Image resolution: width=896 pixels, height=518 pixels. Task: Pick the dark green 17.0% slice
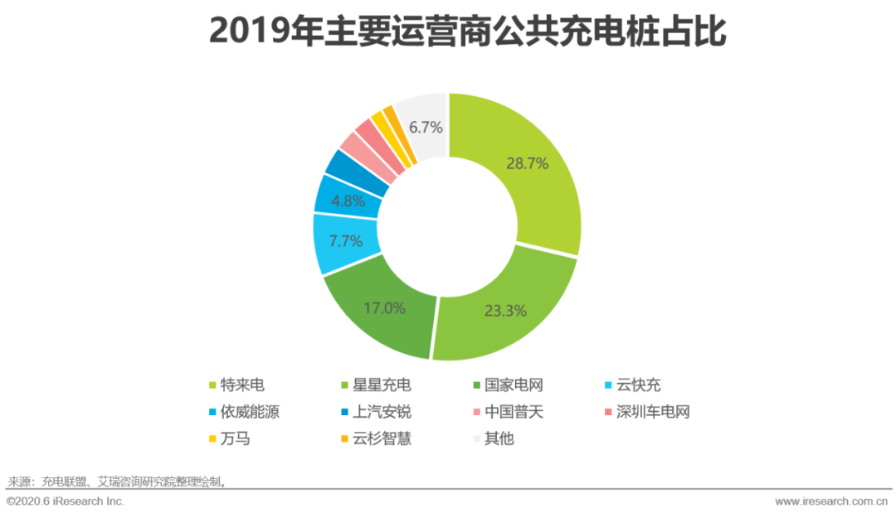pos(384,307)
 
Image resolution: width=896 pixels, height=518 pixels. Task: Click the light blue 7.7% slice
pos(347,243)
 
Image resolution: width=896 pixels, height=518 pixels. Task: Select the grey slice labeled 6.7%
pos(426,127)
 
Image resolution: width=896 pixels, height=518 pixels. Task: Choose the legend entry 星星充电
pos(381,385)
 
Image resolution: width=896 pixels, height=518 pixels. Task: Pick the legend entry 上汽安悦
pos(381,412)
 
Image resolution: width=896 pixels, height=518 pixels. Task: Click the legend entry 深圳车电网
pos(652,412)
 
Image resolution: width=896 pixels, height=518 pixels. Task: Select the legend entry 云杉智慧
pos(381,438)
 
